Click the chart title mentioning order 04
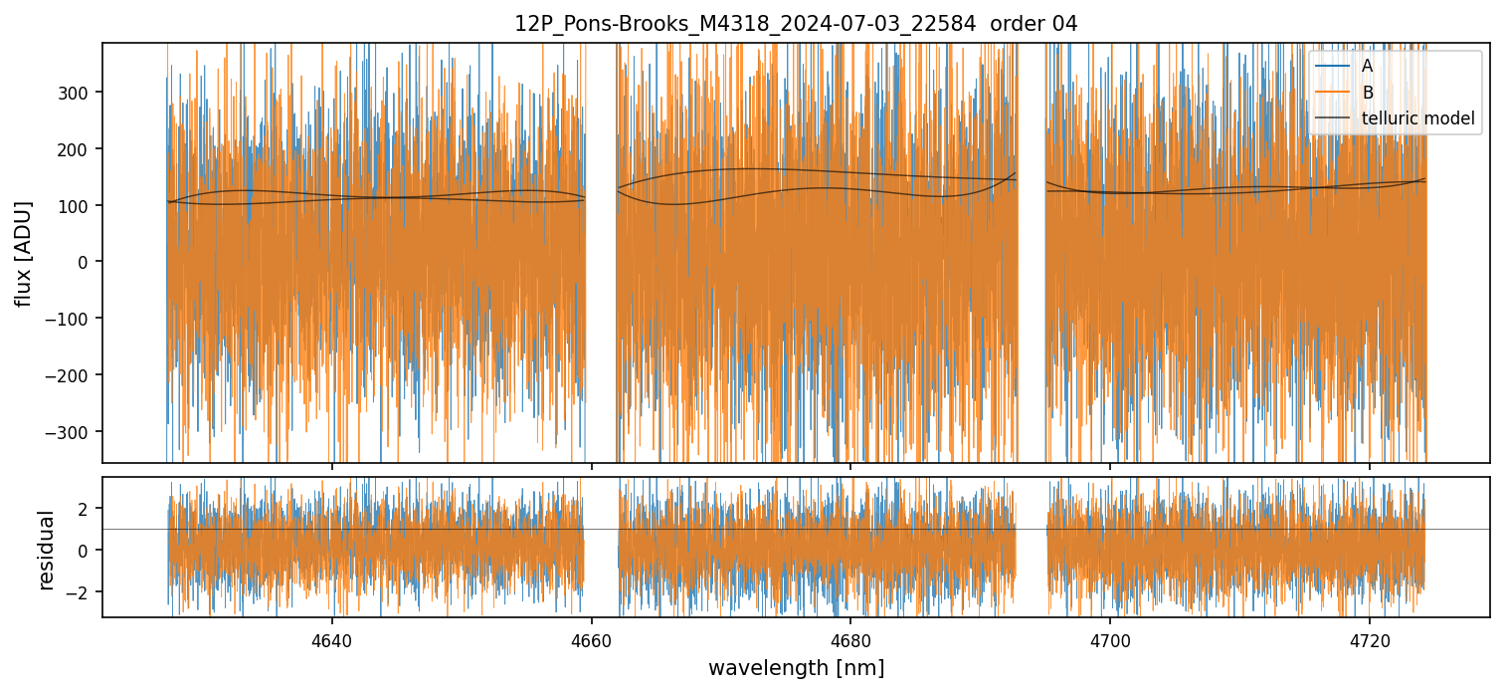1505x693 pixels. (x=795, y=24)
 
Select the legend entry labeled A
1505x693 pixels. (x=1367, y=66)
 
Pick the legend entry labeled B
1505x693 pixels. (x=1367, y=93)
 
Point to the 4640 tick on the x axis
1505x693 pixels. (x=332, y=638)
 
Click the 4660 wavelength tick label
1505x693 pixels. (x=592, y=638)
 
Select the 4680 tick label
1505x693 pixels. (x=850, y=638)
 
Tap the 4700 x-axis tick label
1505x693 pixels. (x=1110, y=638)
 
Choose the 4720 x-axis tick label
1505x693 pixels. (x=1370, y=638)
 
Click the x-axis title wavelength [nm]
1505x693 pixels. (x=796, y=667)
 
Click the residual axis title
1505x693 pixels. (x=46, y=549)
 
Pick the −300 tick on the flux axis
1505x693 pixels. (x=74, y=432)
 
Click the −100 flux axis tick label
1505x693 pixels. (x=74, y=319)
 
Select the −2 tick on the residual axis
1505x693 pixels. (x=82, y=591)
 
